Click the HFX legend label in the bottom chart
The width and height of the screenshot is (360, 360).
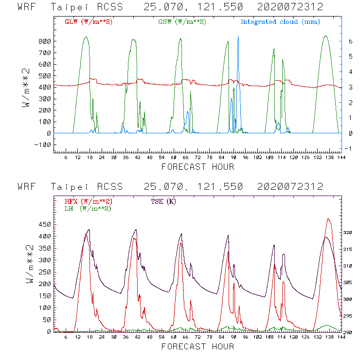pos(88,201)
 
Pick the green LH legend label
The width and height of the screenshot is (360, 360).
pos(88,208)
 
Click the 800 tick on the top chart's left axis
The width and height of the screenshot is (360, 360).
pos(45,41)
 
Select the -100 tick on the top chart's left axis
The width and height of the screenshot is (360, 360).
pos(43,144)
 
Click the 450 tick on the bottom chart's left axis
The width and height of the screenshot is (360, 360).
pos(45,225)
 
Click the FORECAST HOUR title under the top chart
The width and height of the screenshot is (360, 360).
pos(198,167)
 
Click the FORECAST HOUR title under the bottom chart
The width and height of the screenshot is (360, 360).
pos(198,347)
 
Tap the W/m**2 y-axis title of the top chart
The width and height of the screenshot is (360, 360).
pos(28,88)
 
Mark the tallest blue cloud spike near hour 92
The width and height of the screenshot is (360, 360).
pos(238,36)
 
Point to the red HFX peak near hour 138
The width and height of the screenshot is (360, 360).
pos(329,219)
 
